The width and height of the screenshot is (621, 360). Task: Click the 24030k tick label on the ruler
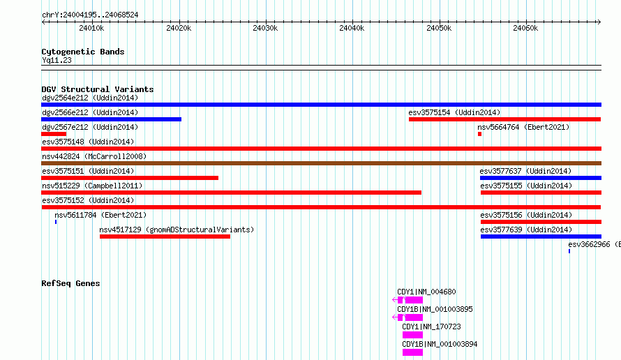[265, 28]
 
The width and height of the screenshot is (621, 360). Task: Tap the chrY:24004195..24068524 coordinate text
[90, 15]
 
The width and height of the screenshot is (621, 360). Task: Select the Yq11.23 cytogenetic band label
[57, 60]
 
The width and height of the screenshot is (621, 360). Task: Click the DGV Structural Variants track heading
[98, 89]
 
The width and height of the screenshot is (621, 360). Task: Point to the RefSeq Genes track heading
[70, 283]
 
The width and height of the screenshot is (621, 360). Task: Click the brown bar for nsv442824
[321, 163]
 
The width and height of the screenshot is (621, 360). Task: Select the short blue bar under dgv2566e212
[111, 119]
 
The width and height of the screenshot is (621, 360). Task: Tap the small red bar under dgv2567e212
[54, 134]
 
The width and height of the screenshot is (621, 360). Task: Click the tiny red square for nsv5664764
[479, 134]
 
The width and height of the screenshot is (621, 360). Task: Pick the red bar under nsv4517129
[165, 237]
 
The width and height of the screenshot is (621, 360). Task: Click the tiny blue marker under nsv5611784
[56, 222]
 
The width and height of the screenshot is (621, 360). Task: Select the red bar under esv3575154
[505, 119]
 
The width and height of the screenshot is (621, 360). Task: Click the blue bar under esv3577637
[541, 178]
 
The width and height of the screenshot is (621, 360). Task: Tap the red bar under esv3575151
[130, 178]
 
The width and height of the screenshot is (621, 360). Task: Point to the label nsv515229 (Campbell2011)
[92, 186]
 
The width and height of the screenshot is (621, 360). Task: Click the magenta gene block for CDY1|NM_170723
[412, 335]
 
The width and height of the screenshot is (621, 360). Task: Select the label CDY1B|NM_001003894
[440, 344]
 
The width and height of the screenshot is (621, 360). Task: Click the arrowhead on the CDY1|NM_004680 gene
[394, 300]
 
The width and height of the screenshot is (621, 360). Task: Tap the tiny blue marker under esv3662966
[569, 251]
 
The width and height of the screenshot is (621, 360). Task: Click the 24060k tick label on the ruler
[525, 28]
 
